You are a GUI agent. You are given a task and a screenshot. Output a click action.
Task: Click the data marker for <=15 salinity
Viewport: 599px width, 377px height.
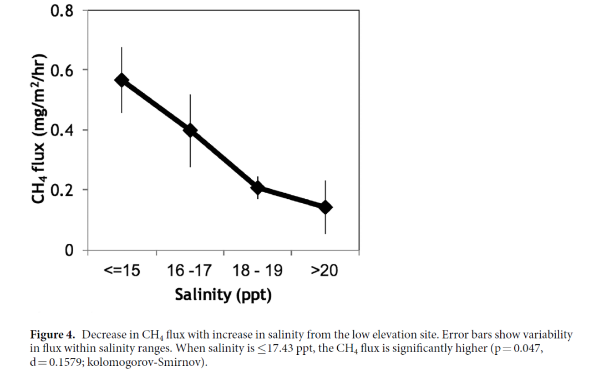point(121,81)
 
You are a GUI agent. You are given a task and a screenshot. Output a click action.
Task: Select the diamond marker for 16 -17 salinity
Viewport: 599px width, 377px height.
point(190,130)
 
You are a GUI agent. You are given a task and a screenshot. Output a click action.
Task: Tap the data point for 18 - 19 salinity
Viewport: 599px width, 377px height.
point(257,187)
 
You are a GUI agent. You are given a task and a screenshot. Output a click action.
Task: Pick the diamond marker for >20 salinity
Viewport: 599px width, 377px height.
point(325,207)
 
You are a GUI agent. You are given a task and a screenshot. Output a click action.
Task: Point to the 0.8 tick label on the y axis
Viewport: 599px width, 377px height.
point(62,11)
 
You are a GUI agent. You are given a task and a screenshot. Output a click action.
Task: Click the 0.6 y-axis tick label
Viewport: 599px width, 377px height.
point(62,70)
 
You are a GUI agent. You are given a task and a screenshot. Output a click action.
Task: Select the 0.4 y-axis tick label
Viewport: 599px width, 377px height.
point(62,130)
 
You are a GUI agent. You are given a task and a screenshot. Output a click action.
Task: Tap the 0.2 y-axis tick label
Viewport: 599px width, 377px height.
point(62,190)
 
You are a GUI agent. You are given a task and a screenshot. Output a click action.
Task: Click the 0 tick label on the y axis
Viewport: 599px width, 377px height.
point(68,250)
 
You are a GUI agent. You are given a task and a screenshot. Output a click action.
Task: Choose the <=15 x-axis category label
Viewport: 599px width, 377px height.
point(122,270)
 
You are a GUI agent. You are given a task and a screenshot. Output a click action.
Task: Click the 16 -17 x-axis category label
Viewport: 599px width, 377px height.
point(190,270)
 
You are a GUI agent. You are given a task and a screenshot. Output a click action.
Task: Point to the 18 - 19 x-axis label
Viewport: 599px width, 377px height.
point(257,270)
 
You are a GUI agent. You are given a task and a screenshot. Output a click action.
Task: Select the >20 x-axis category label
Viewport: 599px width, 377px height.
point(324,270)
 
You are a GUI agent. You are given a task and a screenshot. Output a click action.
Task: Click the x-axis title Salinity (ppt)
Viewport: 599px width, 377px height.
point(223,294)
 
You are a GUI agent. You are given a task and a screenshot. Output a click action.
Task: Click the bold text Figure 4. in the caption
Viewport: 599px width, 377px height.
point(52,335)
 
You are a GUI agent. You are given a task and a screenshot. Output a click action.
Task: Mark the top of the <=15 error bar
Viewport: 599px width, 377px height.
point(121,48)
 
